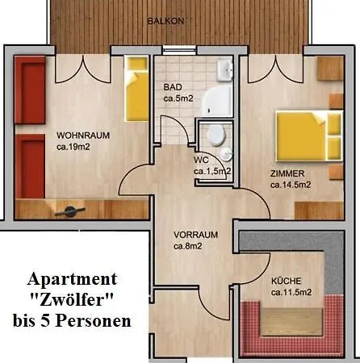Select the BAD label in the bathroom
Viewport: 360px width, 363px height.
(171, 87)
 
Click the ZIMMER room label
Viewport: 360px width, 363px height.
(287, 173)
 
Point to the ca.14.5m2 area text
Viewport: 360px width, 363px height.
(292, 184)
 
